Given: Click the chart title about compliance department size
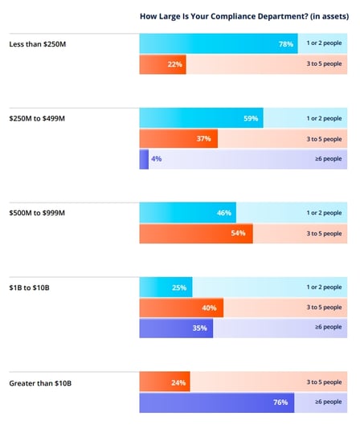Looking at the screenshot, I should [239, 15].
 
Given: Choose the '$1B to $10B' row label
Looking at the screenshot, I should [28, 288].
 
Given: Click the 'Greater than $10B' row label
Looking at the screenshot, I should [39, 382].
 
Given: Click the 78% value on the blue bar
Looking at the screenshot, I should [285, 44].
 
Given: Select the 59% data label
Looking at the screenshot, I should [250, 119].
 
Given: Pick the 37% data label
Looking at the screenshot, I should [203, 139].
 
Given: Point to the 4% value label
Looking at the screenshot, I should [157, 159].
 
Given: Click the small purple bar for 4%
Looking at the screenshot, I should [144, 159].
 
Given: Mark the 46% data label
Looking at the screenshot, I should [224, 213].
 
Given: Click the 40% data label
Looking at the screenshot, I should [210, 308].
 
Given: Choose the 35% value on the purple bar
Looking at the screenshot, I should [200, 328].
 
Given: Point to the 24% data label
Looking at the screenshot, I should [178, 382].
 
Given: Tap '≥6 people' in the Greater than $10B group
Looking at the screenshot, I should [329, 402].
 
